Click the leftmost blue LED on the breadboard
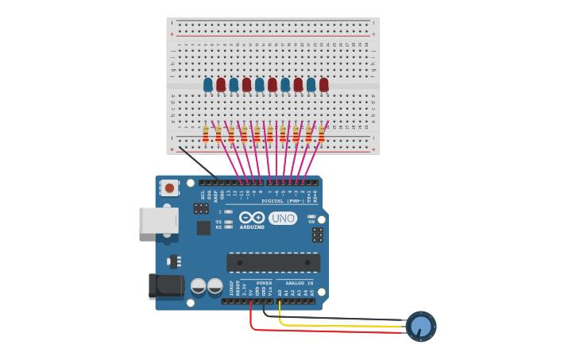[208, 84]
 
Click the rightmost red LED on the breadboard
[323, 84]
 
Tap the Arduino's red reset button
[168, 188]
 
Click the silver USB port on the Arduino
[158, 220]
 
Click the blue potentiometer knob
[421, 326]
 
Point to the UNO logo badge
[283, 218]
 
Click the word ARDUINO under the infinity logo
[252, 226]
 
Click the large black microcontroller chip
[273, 262]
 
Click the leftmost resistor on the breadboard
[206, 134]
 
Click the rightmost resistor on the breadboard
[321, 134]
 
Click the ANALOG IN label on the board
[299, 283]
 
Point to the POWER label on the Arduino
[264, 283]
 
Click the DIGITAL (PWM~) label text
[283, 201]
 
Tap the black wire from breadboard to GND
[199, 162]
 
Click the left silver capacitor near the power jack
[199, 286]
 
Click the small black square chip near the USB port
[203, 228]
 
